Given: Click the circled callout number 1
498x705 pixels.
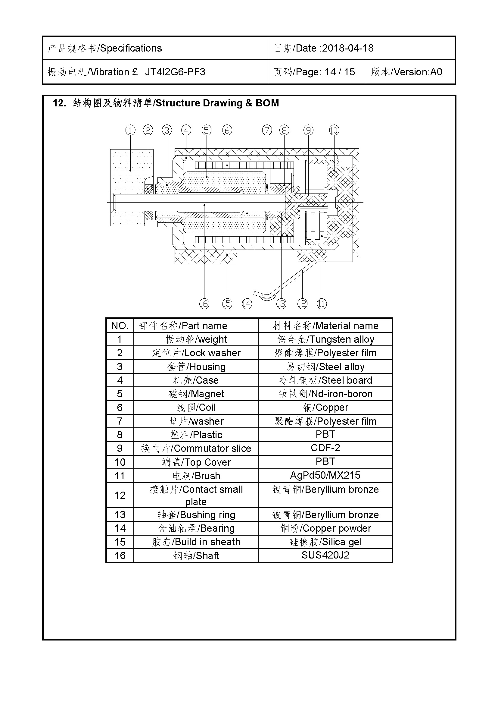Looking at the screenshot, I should [130, 130].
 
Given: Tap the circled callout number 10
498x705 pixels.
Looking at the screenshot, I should [334, 130].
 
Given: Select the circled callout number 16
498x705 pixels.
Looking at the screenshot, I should [204, 304].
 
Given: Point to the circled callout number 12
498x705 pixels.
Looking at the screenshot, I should [302, 304].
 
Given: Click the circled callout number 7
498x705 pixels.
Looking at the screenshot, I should [267, 130].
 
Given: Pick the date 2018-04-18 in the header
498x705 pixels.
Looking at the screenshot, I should [348, 48].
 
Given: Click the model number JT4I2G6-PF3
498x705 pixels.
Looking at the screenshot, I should [175, 72].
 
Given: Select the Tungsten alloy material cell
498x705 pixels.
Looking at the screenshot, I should [325, 339].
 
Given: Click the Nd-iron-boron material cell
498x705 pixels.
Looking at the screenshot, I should [325, 394].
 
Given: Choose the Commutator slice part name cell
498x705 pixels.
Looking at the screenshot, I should [196, 448].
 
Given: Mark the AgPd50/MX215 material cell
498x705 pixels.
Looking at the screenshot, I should [325, 475].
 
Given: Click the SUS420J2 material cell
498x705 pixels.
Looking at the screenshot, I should [325, 555].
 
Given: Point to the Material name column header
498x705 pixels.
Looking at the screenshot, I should [325, 326].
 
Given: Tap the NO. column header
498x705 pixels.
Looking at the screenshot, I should [120, 326].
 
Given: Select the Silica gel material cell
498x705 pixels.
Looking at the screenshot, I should [325, 542].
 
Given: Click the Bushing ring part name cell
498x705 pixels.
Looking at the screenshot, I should [196, 515].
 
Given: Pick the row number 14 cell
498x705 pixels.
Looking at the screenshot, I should [120, 528].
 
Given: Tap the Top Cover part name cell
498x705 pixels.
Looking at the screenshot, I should [196, 462].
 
